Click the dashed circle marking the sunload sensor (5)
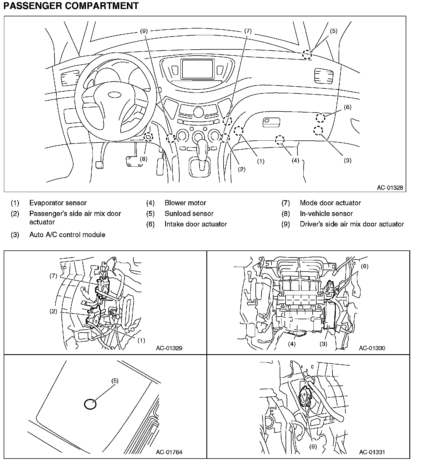307,55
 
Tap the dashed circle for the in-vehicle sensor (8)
148,137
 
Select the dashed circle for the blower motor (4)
280,140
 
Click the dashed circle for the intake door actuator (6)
320,118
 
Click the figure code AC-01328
390,188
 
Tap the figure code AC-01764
169,452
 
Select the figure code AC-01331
372,452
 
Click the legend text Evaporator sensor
58,203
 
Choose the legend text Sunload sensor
189,213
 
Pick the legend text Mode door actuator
330,203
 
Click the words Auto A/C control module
67,235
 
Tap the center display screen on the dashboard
197,69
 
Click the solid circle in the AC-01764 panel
90,404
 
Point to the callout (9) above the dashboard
144,31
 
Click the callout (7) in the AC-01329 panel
54,276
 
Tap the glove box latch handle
271,122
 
